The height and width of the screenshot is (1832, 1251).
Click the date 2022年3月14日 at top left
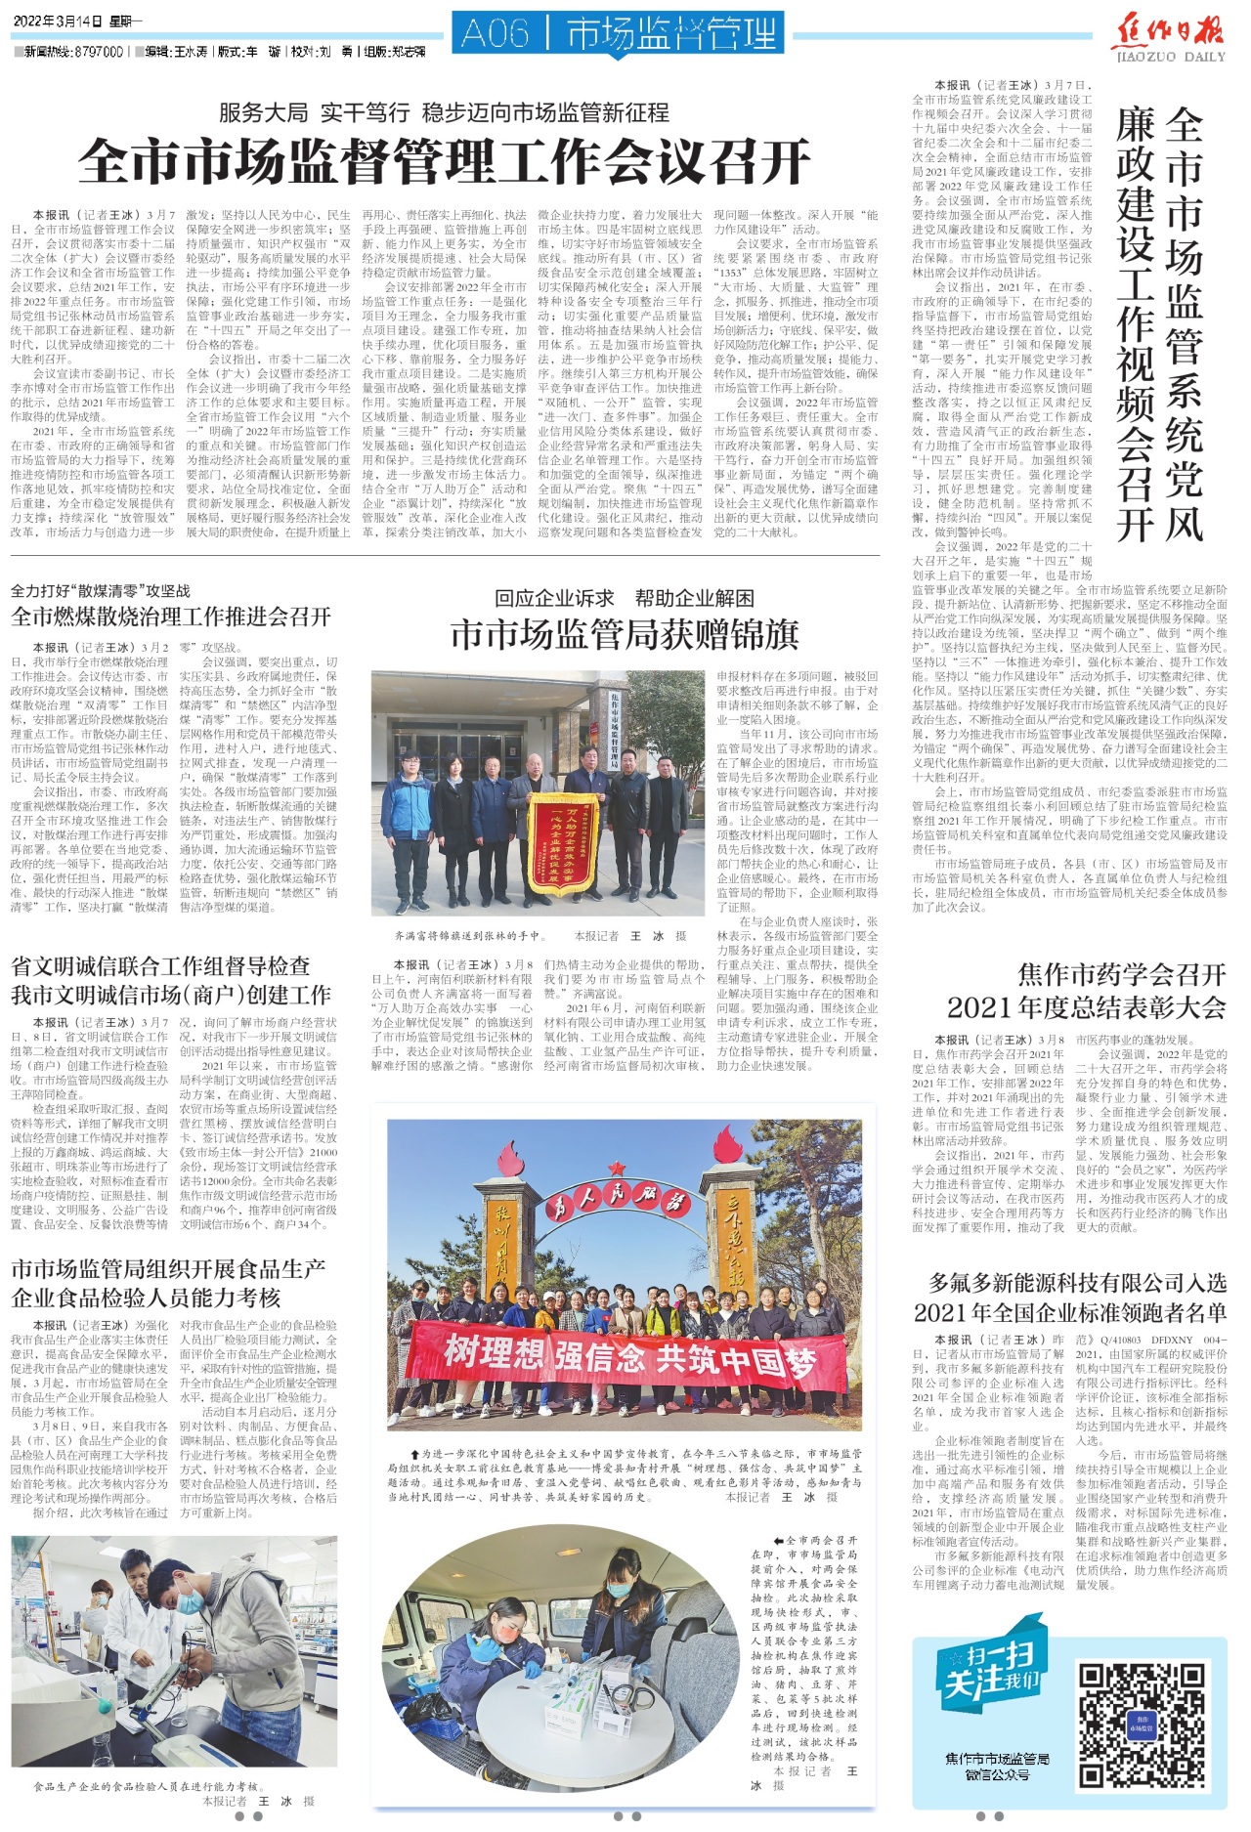[51, 21]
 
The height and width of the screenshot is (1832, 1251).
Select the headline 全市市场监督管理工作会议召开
[445, 162]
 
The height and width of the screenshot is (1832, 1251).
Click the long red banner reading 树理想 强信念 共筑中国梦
[626, 1357]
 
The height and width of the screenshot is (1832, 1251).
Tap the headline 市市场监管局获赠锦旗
[625, 635]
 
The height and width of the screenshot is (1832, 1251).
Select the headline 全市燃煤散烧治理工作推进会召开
[171, 617]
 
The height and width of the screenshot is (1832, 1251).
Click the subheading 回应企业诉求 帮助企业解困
[625, 598]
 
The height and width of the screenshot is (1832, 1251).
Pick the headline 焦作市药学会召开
[1121, 974]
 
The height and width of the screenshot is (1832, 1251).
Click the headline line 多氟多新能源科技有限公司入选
[1077, 1283]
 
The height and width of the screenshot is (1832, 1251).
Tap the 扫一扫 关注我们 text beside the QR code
[989, 1674]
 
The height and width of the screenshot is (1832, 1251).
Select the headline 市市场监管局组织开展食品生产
[168, 1269]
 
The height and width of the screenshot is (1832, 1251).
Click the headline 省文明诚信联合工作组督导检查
[160, 966]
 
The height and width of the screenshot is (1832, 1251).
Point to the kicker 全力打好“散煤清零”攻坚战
[101, 591]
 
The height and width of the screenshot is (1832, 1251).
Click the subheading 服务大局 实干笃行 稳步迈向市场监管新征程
[444, 112]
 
